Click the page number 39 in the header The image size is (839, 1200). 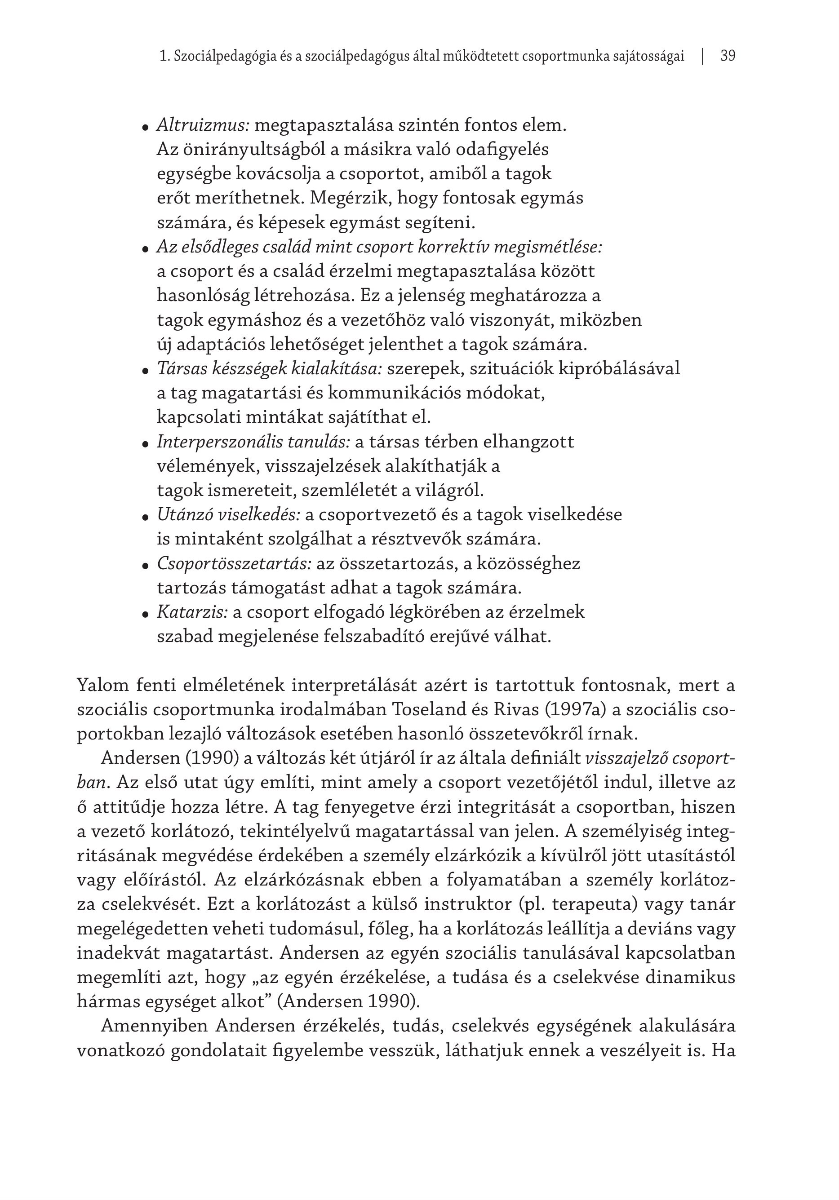pyautogui.click(x=728, y=56)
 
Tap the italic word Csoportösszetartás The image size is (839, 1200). pyautogui.click(x=234, y=563)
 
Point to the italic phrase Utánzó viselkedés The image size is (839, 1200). pyautogui.click(x=228, y=515)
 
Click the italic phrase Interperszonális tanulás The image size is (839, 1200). pyautogui.click(x=253, y=442)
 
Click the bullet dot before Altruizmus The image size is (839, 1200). pyautogui.click(x=146, y=128)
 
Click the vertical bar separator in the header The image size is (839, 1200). pyautogui.click(x=702, y=56)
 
